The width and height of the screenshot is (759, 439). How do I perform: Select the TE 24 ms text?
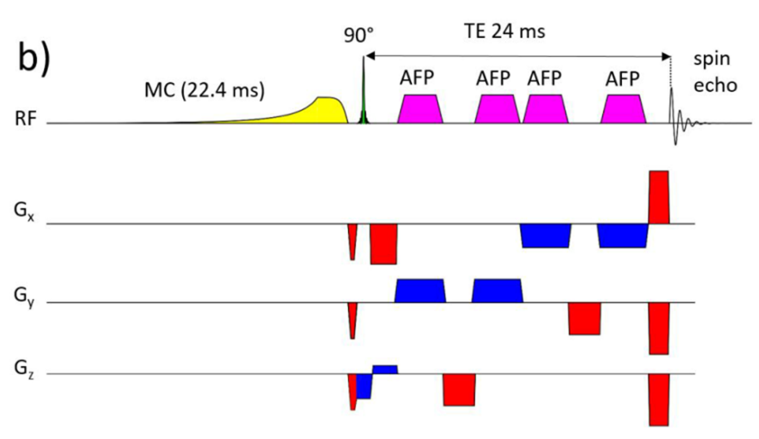click(x=504, y=31)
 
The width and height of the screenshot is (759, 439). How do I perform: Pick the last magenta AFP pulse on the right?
click(x=623, y=110)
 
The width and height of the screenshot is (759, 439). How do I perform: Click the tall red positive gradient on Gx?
click(x=659, y=197)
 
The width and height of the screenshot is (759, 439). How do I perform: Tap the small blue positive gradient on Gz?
click(x=385, y=368)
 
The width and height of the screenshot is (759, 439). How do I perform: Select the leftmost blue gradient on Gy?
click(x=420, y=290)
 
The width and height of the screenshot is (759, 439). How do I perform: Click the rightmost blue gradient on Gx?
click(x=623, y=235)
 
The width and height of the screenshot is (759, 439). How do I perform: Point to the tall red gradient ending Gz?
click(x=659, y=399)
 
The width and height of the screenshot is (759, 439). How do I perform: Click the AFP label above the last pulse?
click(x=623, y=80)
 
